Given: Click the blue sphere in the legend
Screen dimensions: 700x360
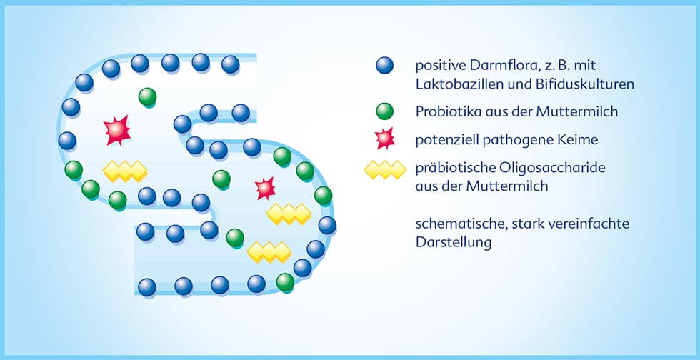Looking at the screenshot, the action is [x=384, y=65].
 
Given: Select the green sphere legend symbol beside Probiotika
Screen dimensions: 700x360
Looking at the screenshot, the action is [x=384, y=111].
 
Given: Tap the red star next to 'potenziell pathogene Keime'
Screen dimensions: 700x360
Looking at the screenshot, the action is [x=385, y=139].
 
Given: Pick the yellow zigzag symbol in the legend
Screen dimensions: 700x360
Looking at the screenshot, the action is [x=385, y=170].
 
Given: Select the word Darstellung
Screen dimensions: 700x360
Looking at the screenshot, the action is [x=454, y=243].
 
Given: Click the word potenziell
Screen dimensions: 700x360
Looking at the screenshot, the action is [x=447, y=140].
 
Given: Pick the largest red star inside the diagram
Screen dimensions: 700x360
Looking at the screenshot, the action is [x=117, y=131].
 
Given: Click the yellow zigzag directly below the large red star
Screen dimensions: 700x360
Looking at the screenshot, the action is [x=125, y=171].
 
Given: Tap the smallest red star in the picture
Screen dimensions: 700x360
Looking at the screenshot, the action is [x=266, y=189].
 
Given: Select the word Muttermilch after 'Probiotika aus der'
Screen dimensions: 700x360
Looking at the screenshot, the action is [x=577, y=111].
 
